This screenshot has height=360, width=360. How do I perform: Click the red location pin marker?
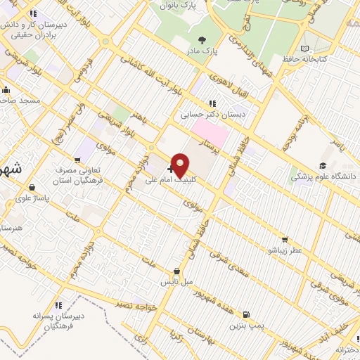click(x=181, y=165)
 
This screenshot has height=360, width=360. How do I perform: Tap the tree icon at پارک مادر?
click(x=203, y=40)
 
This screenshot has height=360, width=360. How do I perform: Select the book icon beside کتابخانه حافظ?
click(x=304, y=49)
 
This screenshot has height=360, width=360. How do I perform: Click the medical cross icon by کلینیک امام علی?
click(x=171, y=169)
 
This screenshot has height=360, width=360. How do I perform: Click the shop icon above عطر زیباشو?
click(x=284, y=239)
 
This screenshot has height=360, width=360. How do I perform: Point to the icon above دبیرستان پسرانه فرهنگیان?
click(x=58, y=305)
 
